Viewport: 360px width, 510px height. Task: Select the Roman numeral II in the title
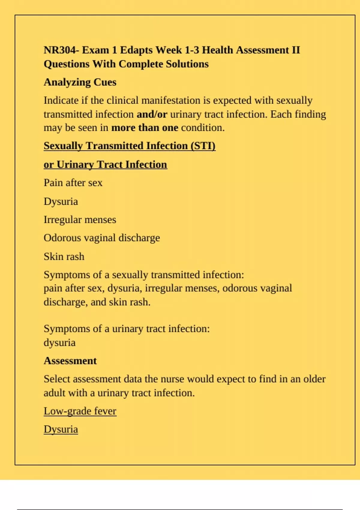296,50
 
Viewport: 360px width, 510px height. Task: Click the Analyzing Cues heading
80,82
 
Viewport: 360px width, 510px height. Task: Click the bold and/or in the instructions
152,114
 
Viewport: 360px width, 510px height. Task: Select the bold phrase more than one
145,128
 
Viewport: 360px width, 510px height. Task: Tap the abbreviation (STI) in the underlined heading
203,146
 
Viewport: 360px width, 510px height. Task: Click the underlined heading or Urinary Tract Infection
105,164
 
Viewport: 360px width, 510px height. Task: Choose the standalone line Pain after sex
73,183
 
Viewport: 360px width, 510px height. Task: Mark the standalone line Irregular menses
80,220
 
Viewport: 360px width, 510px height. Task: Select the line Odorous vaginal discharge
102,238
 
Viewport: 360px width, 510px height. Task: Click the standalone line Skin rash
64,256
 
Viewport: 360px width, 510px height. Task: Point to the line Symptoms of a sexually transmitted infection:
144,275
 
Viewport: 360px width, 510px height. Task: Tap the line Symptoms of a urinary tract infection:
127,329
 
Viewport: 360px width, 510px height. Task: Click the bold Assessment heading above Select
70,361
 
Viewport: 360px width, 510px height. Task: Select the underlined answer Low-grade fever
80,411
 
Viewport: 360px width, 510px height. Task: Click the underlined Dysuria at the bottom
61,429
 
